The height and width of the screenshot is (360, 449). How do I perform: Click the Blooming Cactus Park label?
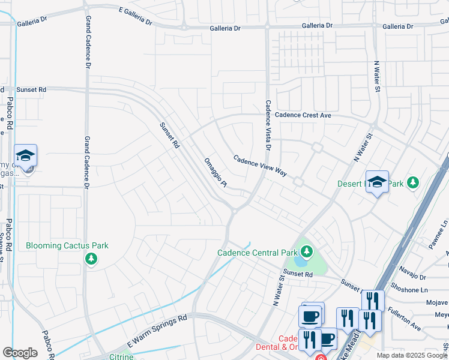click(x=67, y=245)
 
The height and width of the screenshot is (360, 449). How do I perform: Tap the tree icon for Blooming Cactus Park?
click(x=91, y=259)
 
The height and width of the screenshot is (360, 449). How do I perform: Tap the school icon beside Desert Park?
click(x=377, y=183)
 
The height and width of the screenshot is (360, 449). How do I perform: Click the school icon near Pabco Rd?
click(x=26, y=157)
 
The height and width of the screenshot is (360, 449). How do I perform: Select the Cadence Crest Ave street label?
click(x=303, y=115)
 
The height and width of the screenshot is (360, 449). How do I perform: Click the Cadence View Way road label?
click(x=261, y=166)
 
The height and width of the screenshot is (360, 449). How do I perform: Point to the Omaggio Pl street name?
click(x=215, y=173)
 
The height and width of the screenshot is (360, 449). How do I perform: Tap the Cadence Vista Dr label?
click(x=268, y=125)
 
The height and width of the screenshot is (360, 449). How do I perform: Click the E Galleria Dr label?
click(x=136, y=17)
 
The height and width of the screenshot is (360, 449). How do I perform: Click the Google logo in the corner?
click(x=20, y=352)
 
